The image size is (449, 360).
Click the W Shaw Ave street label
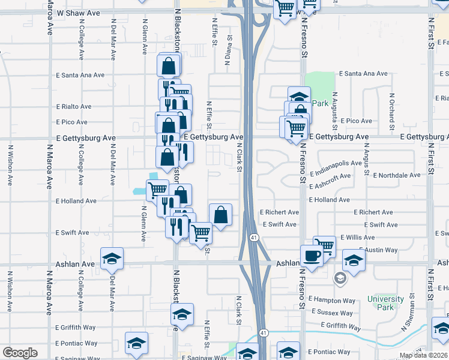79,12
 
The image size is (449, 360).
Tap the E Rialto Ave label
74,106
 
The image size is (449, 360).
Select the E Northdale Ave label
397,175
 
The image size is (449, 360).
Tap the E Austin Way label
378,250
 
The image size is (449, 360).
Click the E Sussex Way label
331,313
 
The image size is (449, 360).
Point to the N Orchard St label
391,112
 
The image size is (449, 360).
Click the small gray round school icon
340,278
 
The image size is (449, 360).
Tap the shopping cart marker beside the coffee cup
324,245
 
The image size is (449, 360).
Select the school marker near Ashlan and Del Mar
112,258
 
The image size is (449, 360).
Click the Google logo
20,353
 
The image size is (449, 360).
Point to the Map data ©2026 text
423,355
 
